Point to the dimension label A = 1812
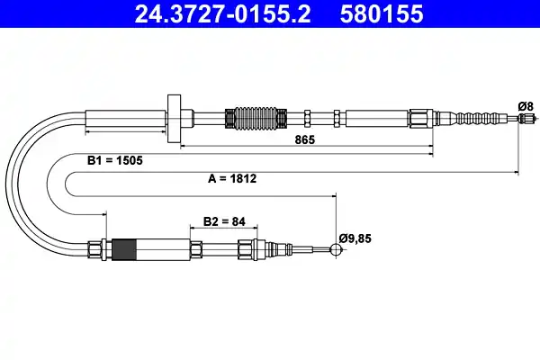point(232,178)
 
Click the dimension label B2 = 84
point(224,220)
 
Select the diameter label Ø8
point(526,105)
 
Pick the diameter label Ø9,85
point(355,238)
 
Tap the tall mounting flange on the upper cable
point(175,116)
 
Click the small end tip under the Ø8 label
point(518,118)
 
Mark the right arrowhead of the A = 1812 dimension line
point(516,170)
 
